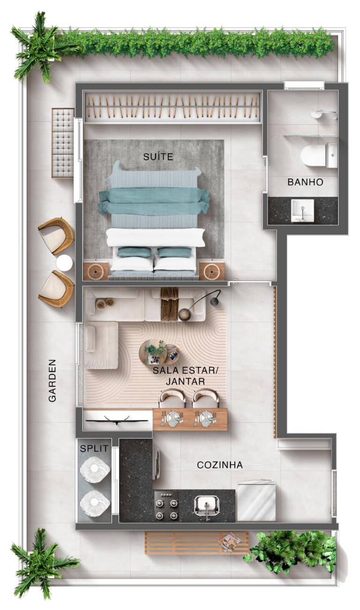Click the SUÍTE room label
(158, 156)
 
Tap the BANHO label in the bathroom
(305, 182)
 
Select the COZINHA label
(220, 465)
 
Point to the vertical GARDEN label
(52, 380)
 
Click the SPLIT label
(94, 448)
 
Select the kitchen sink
(207, 505)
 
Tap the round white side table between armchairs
(65, 263)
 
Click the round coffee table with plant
(153, 352)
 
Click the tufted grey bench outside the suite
(63, 143)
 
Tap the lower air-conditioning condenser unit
(95, 502)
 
